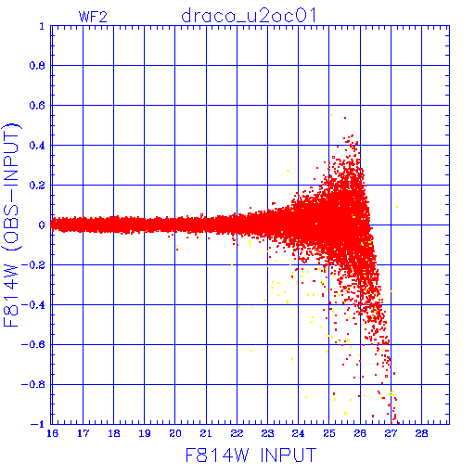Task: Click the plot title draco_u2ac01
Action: [249, 16]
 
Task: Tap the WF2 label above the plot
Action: [93, 17]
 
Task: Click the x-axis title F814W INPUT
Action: [251, 455]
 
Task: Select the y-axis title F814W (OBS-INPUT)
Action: [11, 225]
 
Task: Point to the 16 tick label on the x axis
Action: [52, 433]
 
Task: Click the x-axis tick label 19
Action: [145, 433]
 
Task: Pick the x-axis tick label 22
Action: [237, 433]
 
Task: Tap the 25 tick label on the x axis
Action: [329, 433]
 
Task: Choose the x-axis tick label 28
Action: [421, 433]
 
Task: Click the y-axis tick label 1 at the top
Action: [42, 26]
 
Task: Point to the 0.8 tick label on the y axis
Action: [37, 66]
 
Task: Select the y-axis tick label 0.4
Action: [37, 146]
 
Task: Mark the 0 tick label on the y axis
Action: [42, 225]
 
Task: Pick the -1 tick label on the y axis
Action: [37, 424]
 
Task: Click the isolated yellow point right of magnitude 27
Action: [397, 207]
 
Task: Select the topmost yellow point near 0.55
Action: [331, 115]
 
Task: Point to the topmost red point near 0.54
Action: [345, 118]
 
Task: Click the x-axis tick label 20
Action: [175, 433]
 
